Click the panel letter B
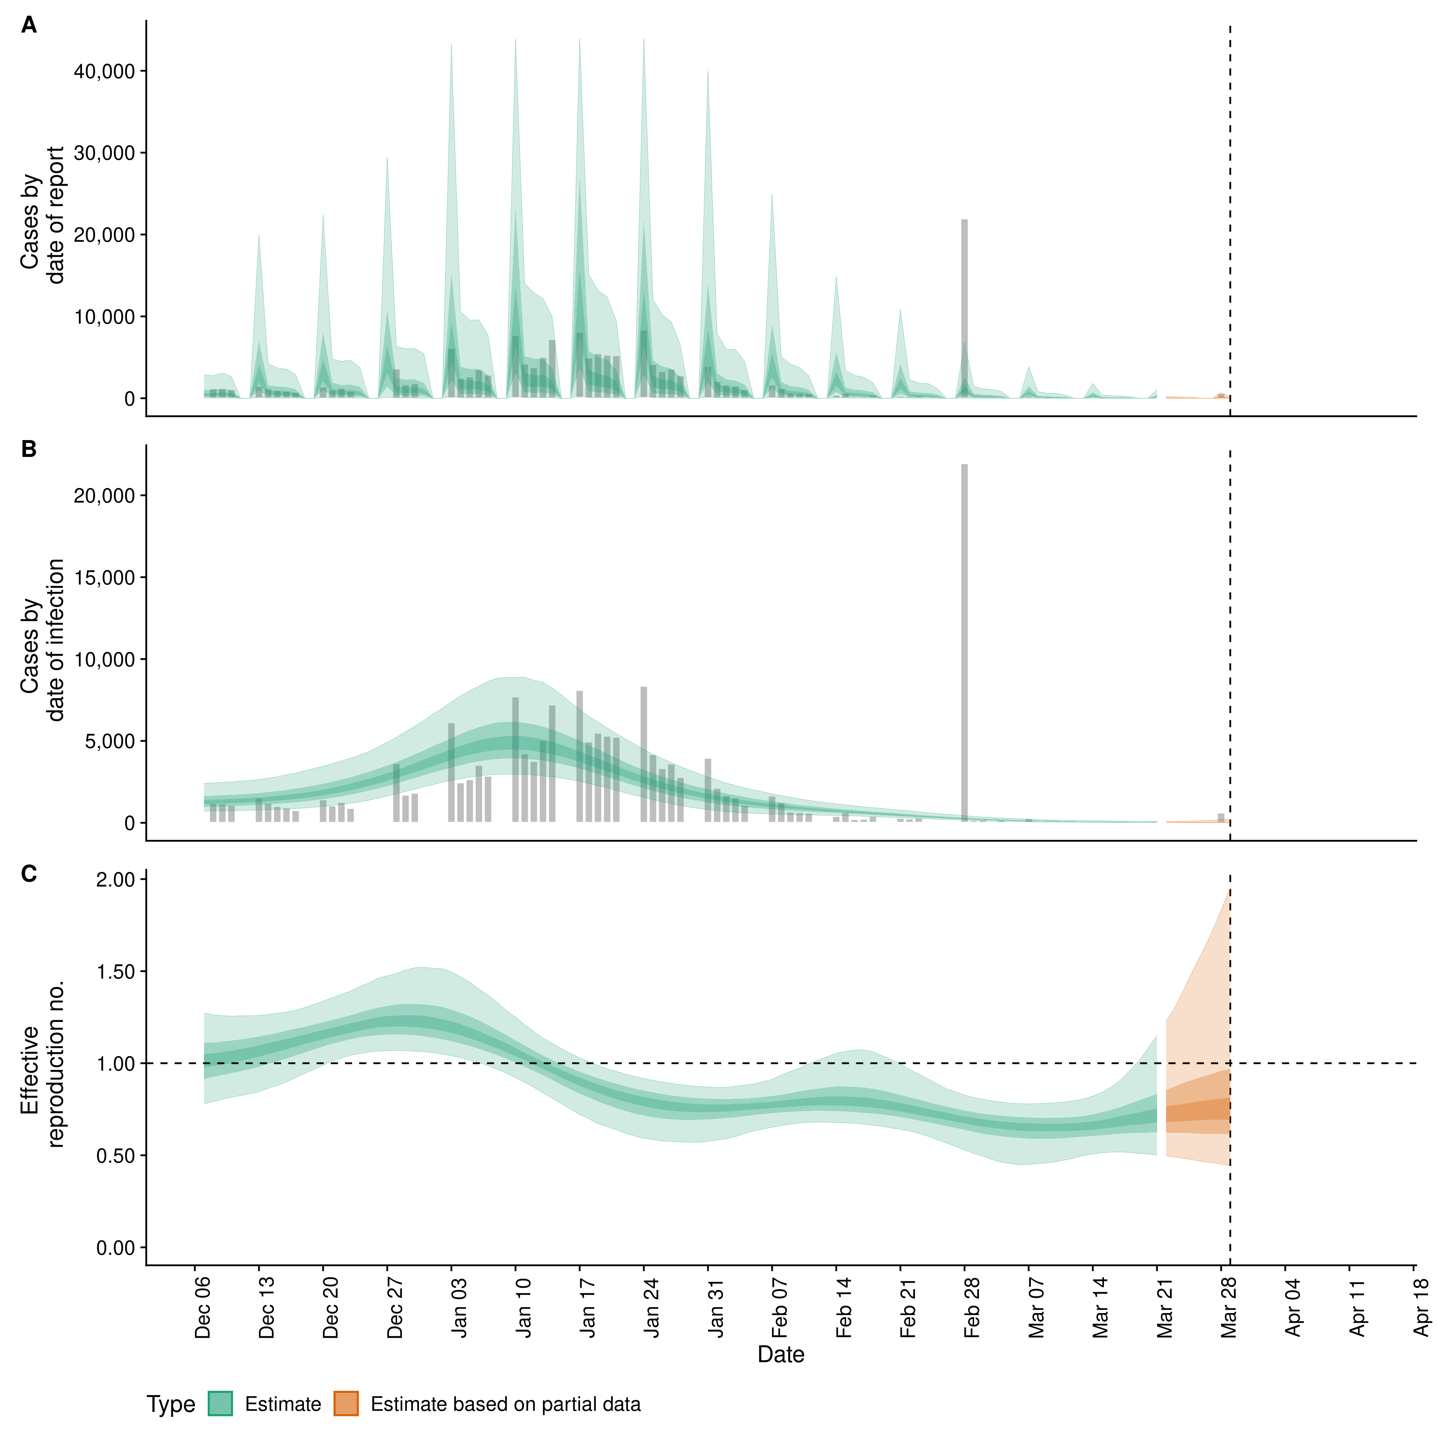29,449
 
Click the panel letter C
29,874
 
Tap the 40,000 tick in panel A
104,71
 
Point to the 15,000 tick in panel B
104,578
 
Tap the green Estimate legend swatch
220,1404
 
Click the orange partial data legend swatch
346,1404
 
